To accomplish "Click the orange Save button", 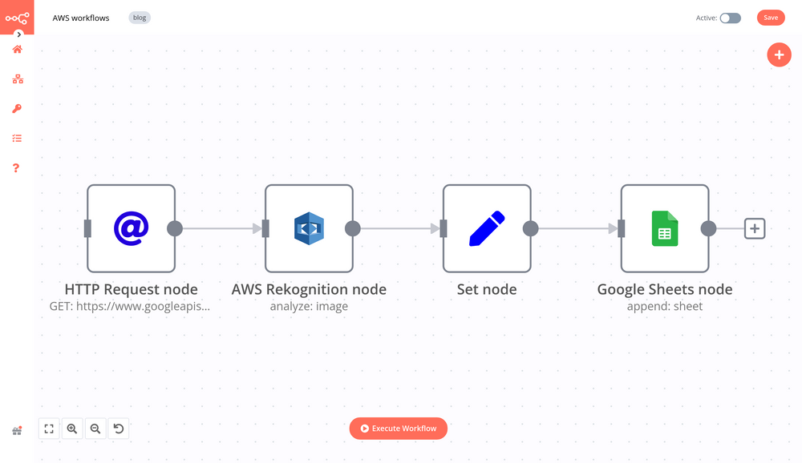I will tap(770, 18).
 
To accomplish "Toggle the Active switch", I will tap(730, 18).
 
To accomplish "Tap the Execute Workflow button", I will tap(398, 429).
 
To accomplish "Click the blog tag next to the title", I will tap(140, 18).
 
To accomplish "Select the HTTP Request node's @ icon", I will tap(131, 228).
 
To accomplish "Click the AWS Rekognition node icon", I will tap(309, 228).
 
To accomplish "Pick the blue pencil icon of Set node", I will tap(487, 228).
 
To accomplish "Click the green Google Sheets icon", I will tap(665, 228).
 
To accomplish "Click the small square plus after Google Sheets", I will tap(754, 228).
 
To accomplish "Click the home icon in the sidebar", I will tap(17, 50).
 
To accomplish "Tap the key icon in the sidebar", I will tap(17, 109).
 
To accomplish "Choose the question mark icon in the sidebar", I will tap(16, 168).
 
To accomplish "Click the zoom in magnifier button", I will tap(72, 429).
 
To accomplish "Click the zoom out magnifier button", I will tap(95, 429).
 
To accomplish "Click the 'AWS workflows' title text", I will tap(81, 18).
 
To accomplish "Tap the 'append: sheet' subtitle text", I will tap(665, 306).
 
